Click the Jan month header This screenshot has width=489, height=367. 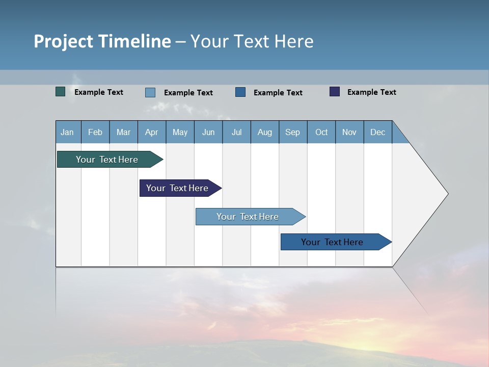[67, 132]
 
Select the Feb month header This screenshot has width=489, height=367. [95, 132]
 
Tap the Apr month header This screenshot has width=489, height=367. [152, 132]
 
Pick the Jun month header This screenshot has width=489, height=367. [208, 132]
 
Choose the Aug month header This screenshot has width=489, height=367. [265, 132]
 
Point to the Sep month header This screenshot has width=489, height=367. [293, 132]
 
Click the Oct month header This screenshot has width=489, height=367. [321, 132]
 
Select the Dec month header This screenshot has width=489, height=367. [378, 132]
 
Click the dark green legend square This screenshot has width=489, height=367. [61, 92]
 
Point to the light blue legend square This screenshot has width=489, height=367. [150, 92]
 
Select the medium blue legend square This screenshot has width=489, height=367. [240, 92]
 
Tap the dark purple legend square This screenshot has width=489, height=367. [335, 92]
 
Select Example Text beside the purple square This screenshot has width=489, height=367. [372, 92]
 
